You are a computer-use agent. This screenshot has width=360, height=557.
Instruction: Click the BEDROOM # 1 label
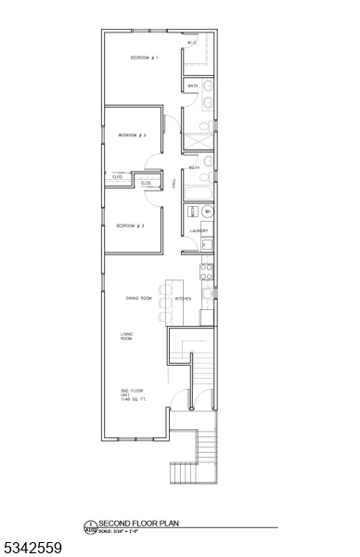[x=144, y=58]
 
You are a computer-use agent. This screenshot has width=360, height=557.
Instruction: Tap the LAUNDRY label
[x=198, y=230]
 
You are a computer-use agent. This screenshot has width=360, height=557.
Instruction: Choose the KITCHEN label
[x=184, y=298]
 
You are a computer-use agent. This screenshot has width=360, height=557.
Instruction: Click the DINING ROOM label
[x=139, y=298]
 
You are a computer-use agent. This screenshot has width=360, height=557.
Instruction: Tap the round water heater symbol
[x=207, y=212]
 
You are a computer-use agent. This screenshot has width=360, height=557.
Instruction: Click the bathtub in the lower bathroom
[x=198, y=193]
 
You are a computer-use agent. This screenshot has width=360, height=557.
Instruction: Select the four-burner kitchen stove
[x=207, y=270]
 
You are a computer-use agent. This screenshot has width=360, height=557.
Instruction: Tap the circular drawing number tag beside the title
[x=90, y=526]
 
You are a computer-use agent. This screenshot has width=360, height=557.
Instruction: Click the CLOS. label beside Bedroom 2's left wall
[x=117, y=176]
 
